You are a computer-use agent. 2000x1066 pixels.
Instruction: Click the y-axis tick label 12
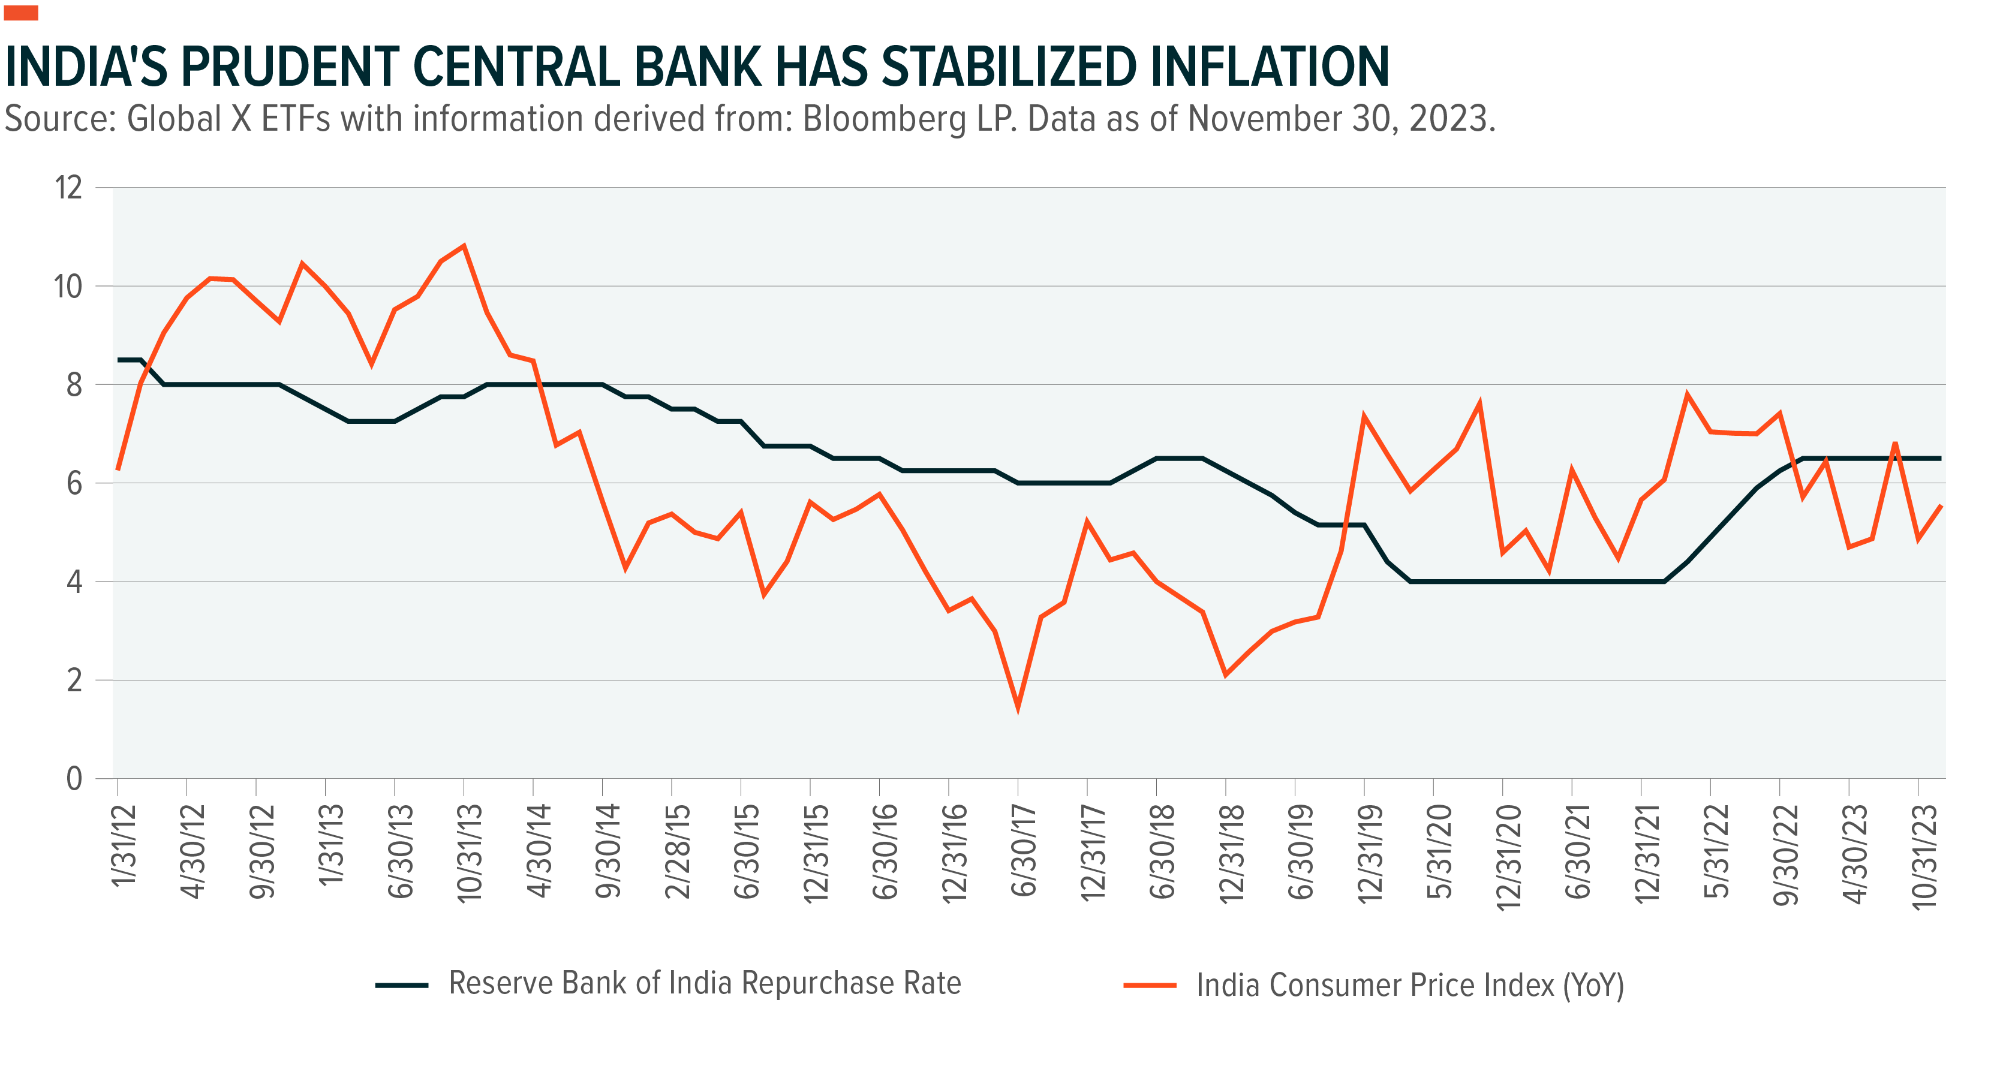(68, 188)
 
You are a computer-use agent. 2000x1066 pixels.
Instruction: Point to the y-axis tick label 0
(74, 779)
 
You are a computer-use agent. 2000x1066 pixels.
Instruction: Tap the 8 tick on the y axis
(74, 385)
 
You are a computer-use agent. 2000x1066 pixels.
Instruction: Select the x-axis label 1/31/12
(124, 847)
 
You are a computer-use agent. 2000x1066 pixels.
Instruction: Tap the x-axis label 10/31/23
(1924, 856)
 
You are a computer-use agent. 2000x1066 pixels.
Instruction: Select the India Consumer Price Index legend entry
(1409, 985)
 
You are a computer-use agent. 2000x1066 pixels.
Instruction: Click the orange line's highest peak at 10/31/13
(464, 246)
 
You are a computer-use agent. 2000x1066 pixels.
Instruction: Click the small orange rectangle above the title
(21, 13)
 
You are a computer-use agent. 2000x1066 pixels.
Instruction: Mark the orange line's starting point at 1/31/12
(118, 469)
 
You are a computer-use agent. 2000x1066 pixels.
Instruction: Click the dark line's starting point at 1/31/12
(119, 360)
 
